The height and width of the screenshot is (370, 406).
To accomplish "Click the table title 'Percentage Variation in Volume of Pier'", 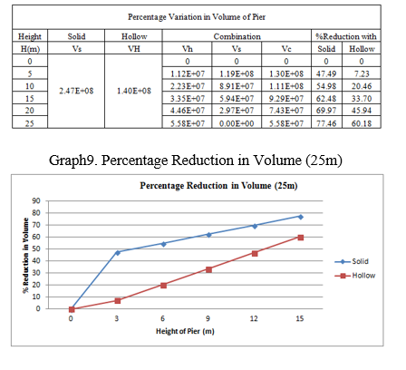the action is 197,17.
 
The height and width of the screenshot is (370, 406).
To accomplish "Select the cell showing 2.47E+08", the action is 76,91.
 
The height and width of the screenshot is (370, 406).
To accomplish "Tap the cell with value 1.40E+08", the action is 134,91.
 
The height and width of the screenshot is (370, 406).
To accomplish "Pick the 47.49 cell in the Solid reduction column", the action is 326,73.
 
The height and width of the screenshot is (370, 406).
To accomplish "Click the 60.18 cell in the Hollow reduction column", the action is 362,123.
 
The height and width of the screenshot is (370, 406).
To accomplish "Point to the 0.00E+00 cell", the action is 237,123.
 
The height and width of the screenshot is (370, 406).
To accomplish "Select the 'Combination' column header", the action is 237,36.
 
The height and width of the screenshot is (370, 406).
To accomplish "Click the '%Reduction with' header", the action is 346,36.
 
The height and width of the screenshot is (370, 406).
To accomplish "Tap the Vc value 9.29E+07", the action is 286,99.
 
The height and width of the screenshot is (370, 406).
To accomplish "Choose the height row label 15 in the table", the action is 30,99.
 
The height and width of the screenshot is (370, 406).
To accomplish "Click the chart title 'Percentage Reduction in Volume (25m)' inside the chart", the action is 218,185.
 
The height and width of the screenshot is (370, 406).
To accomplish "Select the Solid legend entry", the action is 352,261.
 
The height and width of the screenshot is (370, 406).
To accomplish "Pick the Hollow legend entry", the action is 355,276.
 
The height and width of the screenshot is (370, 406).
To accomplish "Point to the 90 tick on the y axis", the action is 36,200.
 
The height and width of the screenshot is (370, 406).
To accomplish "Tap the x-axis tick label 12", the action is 254,318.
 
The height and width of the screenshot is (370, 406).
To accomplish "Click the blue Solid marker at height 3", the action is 118,252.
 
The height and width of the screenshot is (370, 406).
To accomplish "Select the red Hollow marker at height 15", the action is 301,238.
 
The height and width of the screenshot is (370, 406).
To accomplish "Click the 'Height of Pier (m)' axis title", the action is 185,331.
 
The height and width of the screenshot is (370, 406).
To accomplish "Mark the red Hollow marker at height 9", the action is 208,269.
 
